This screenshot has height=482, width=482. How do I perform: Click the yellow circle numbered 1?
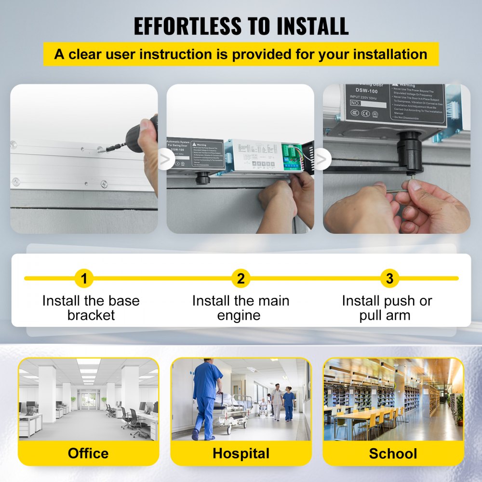click(84, 279)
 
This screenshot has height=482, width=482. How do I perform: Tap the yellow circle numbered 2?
click(241, 279)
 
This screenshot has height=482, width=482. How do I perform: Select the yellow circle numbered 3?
click(389, 279)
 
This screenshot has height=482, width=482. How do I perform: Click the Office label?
click(88, 453)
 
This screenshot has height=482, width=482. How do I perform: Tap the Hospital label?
click(241, 453)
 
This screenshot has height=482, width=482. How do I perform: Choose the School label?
click(393, 453)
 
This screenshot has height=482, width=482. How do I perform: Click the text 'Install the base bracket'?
click(91, 308)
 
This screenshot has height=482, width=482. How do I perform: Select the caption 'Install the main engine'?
click(241, 308)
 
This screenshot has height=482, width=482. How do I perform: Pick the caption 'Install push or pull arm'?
click(387, 308)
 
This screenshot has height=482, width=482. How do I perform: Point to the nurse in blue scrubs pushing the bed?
click(206, 395)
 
